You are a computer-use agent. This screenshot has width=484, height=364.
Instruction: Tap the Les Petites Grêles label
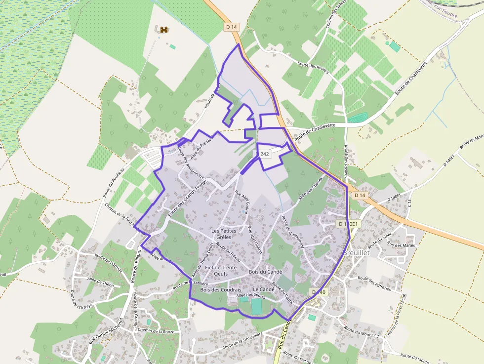click(224, 234)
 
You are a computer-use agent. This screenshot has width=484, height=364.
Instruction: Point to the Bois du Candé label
click(265, 272)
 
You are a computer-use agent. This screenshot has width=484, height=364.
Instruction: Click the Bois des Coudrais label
click(221, 289)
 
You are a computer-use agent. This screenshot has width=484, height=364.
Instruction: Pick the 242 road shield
click(265, 154)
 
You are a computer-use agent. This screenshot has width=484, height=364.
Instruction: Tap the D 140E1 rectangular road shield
click(349, 224)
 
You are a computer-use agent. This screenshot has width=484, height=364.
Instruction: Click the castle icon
click(163, 30)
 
